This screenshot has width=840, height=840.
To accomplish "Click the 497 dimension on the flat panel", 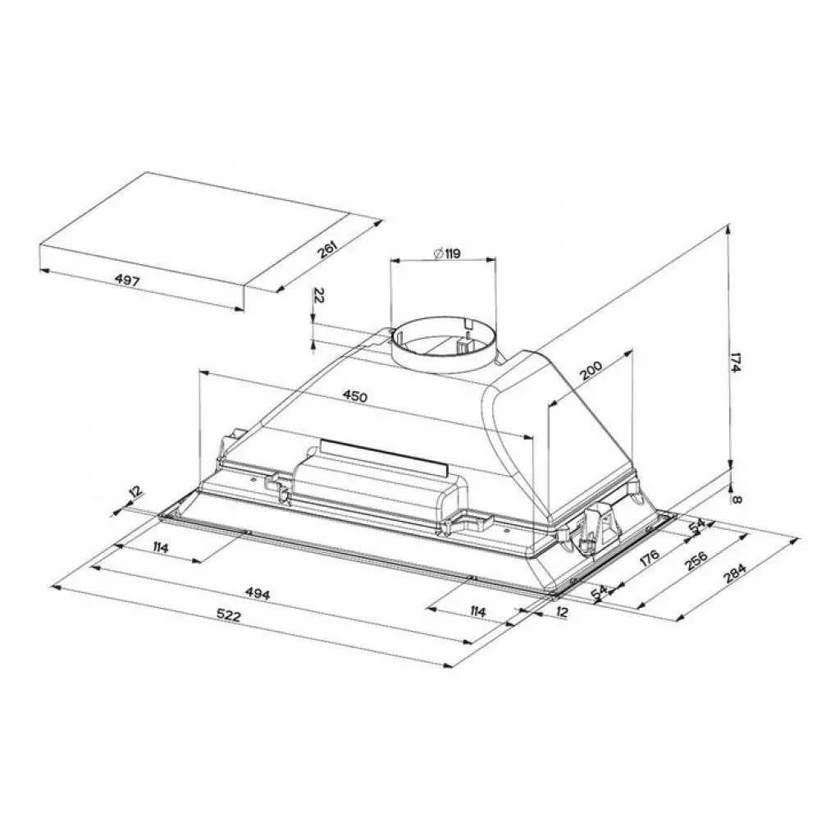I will click(x=128, y=281).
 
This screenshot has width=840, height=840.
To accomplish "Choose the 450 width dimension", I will click(x=354, y=396).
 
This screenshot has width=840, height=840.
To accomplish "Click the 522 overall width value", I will click(x=230, y=616).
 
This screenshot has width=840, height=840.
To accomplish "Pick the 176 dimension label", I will click(x=649, y=562).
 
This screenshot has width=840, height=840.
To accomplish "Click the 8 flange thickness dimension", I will click(x=738, y=498).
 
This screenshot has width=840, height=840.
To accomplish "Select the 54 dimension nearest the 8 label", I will click(x=696, y=526).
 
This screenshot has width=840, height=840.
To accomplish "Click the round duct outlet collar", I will click(x=443, y=353).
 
